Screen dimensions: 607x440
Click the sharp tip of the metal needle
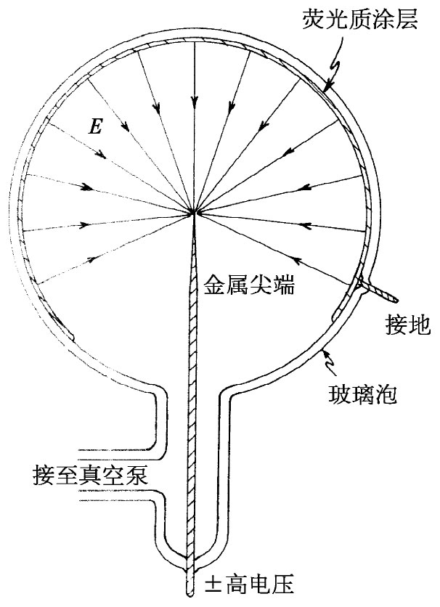coord(195,213)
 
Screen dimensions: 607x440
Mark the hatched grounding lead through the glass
coord(377,291)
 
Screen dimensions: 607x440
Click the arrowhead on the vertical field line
coord(195,100)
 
